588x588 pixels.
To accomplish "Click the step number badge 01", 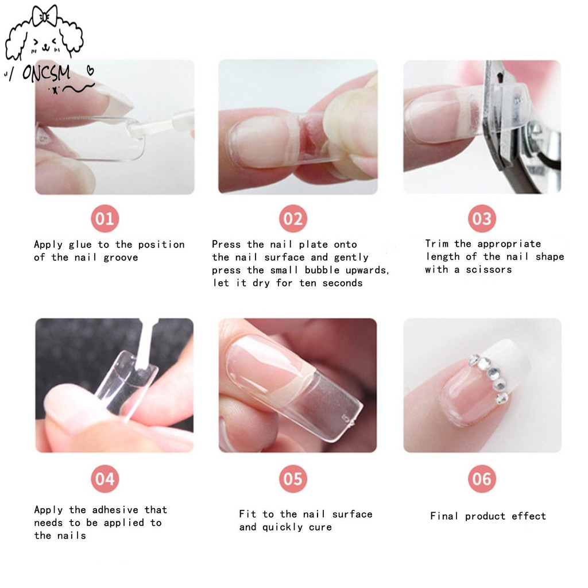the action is [105, 218].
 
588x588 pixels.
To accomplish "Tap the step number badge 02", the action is [293, 218].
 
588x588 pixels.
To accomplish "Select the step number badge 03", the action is [482, 218].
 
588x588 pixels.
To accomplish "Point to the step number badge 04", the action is [105, 479].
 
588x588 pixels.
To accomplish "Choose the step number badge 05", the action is [293, 479].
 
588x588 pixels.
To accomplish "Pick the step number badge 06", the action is [482, 479].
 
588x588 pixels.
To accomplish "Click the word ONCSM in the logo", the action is [46, 72].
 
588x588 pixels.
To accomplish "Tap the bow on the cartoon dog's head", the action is [45, 16].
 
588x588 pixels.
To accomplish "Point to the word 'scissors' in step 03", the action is [489, 270].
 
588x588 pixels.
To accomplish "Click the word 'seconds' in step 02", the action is [342, 283].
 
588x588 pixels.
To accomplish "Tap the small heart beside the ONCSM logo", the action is [90, 69].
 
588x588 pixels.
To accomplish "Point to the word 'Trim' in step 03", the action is [436, 243].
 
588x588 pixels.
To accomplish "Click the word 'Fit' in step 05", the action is [247, 514].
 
